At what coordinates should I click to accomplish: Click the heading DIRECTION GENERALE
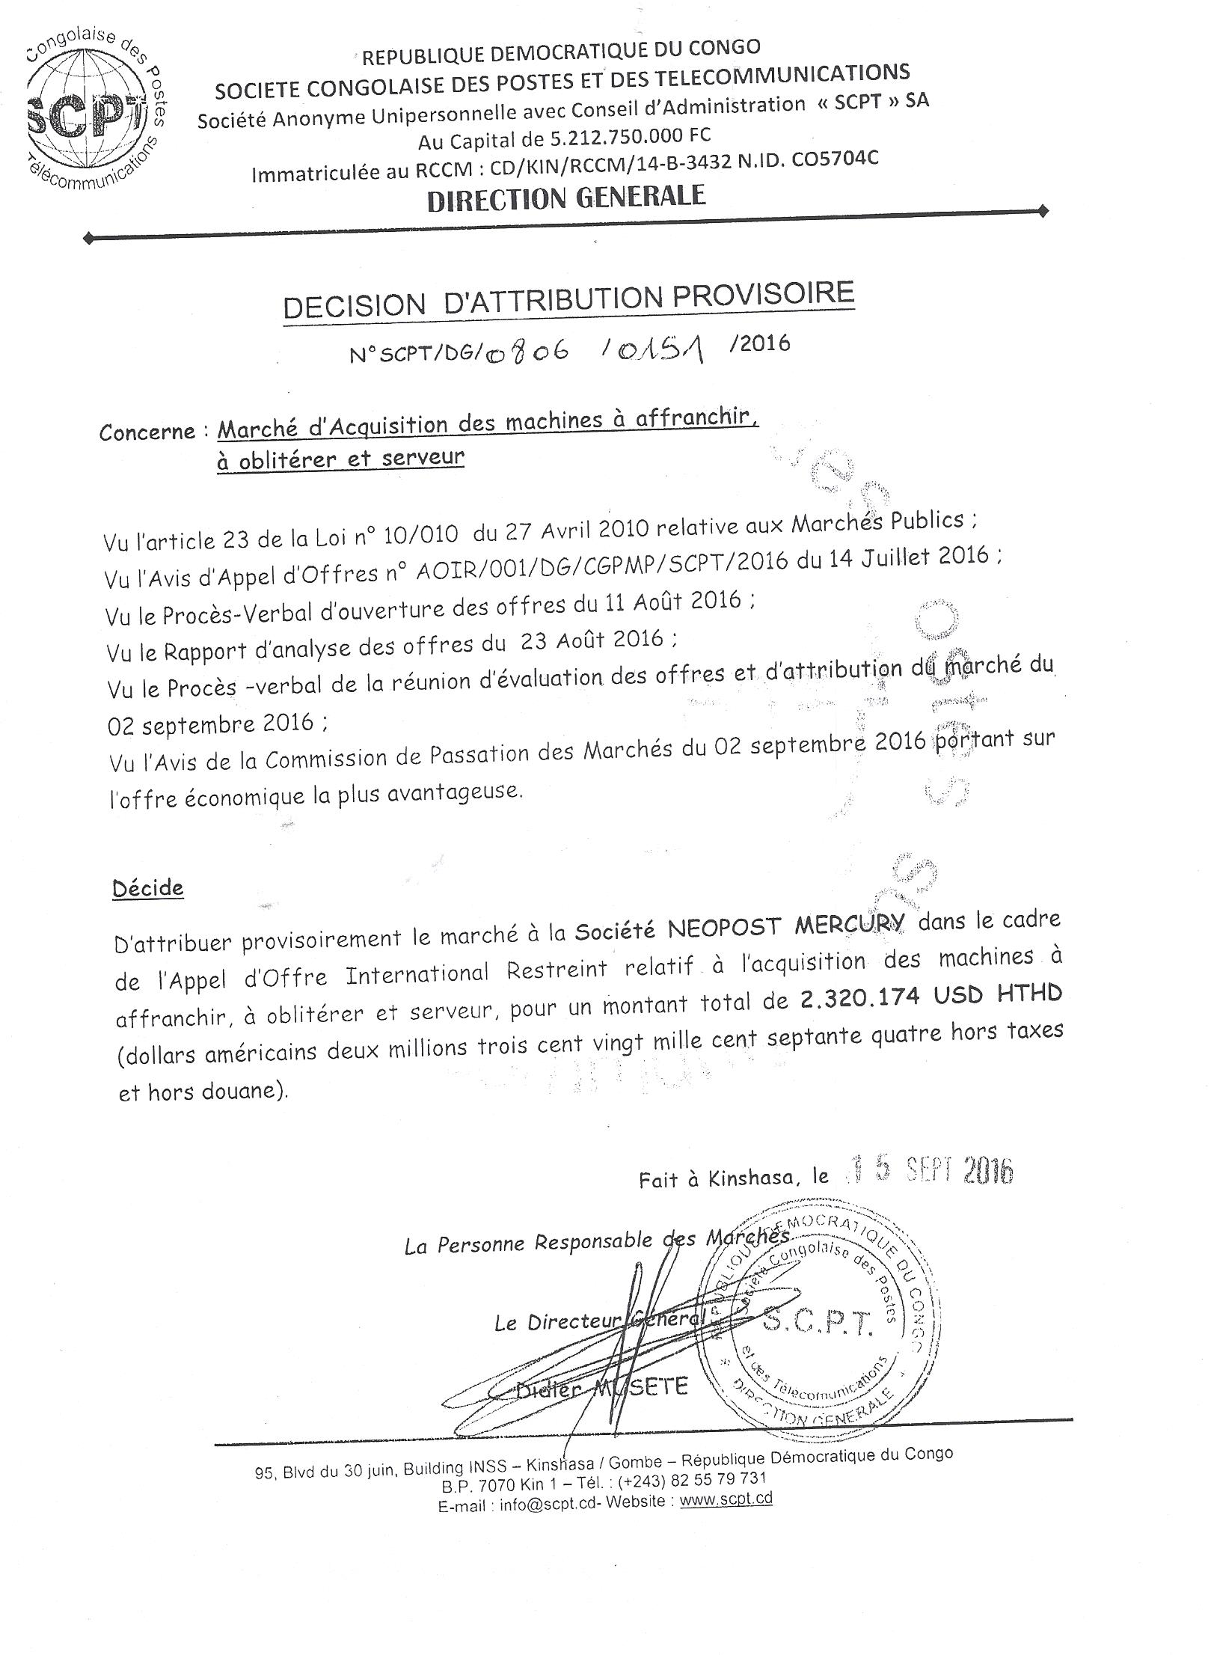click(x=566, y=198)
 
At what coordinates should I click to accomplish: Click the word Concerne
click(x=147, y=432)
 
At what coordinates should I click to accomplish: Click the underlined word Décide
click(x=147, y=888)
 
